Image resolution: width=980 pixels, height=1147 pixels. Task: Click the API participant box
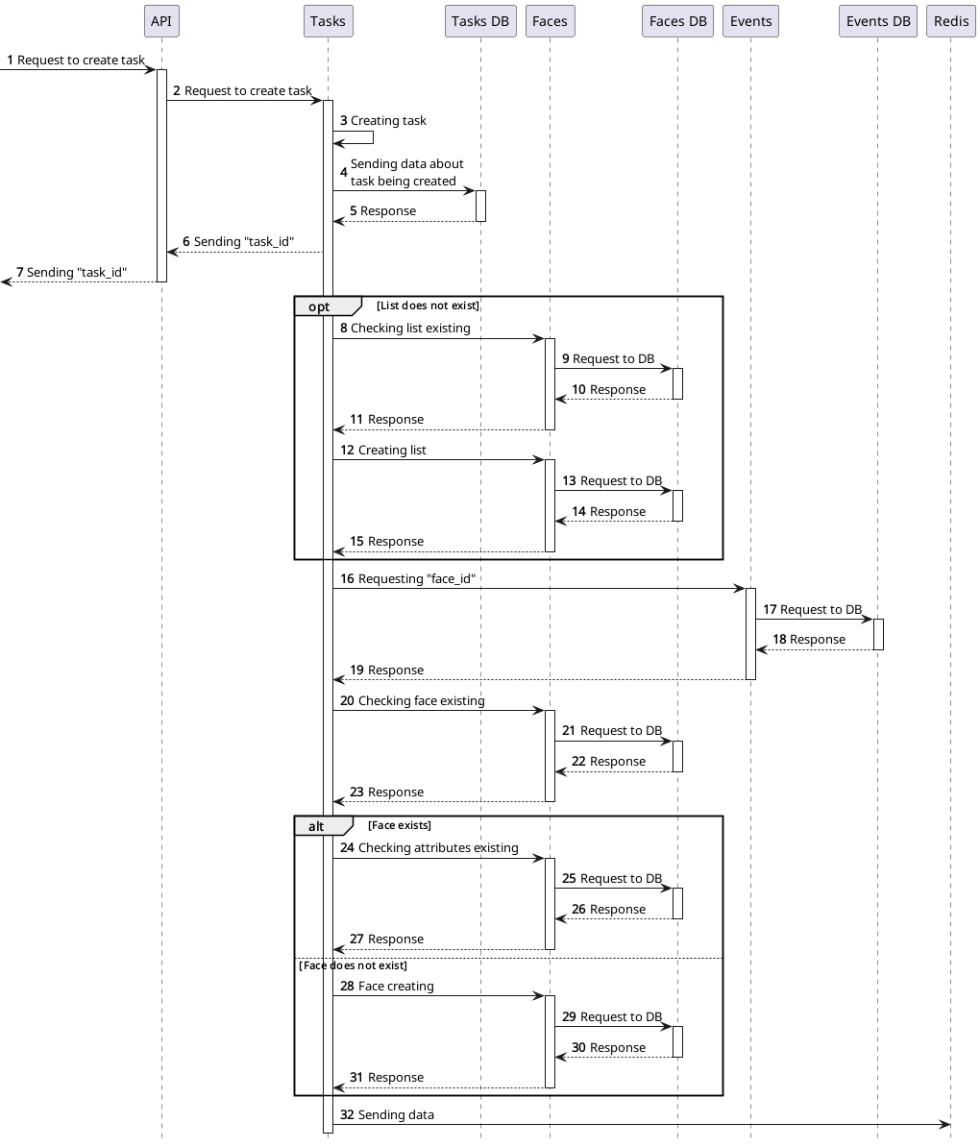(x=161, y=21)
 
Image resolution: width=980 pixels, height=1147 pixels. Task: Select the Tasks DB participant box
(x=480, y=21)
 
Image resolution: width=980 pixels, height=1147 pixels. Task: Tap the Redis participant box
(x=950, y=21)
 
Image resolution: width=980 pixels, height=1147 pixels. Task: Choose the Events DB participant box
(x=877, y=21)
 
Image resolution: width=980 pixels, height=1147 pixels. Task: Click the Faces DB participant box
(x=677, y=21)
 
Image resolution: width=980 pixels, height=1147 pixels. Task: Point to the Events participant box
(x=750, y=21)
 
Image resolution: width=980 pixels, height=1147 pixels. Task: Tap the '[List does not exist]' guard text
(x=428, y=305)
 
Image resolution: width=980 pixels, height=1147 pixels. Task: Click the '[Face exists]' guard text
(x=400, y=825)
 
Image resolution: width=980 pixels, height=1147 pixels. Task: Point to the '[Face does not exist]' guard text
(x=354, y=965)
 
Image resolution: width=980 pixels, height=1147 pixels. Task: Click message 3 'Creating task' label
(x=388, y=121)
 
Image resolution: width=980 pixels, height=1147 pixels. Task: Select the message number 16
(x=347, y=579)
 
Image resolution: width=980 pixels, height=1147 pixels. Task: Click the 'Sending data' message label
(x=396, y=1115)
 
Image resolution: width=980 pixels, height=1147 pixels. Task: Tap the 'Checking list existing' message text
(x=410, y=329)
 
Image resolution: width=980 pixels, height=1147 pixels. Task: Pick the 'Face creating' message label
(x=396, y=987)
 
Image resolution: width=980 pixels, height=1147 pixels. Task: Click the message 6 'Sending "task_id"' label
(x=244, y=242)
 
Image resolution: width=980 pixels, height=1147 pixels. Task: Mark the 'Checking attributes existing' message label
(x=438, y=848)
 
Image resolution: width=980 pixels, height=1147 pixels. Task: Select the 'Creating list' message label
(x=392, y=451)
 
